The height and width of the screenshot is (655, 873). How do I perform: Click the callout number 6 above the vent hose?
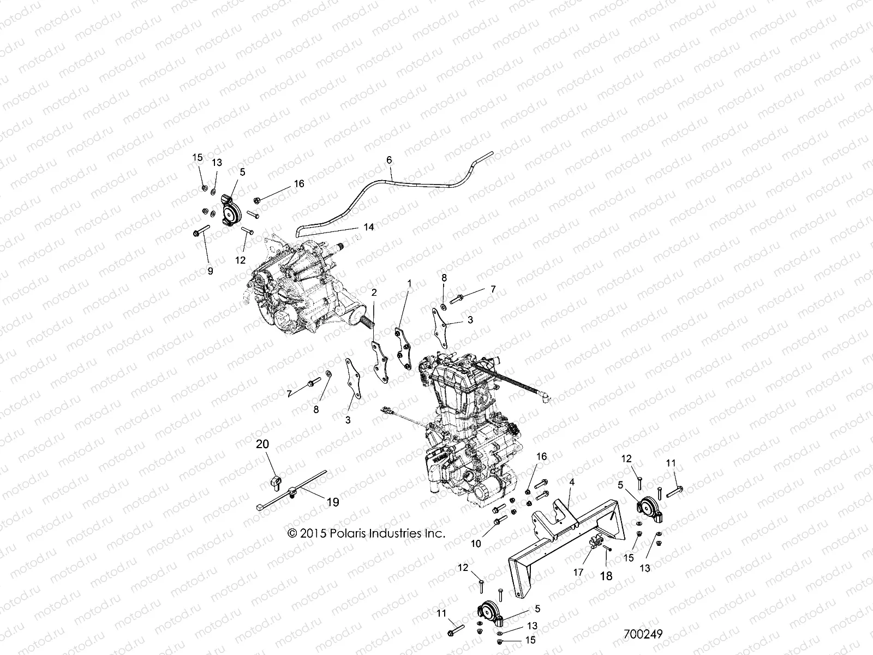[x=389, y=160]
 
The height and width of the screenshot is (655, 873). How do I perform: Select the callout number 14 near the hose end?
[x=369, y=227]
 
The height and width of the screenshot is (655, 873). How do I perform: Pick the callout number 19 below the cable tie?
[x=332, y=502]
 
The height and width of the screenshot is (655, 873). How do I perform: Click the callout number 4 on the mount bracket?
[x=572, y=483]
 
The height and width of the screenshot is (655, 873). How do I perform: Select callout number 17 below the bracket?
[x=578, y=572]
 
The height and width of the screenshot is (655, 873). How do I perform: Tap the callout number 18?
[x=606, y=575]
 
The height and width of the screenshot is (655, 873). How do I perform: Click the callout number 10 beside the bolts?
[x=476, y=544]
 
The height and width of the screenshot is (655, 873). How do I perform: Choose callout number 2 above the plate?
[x=374, y=293]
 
